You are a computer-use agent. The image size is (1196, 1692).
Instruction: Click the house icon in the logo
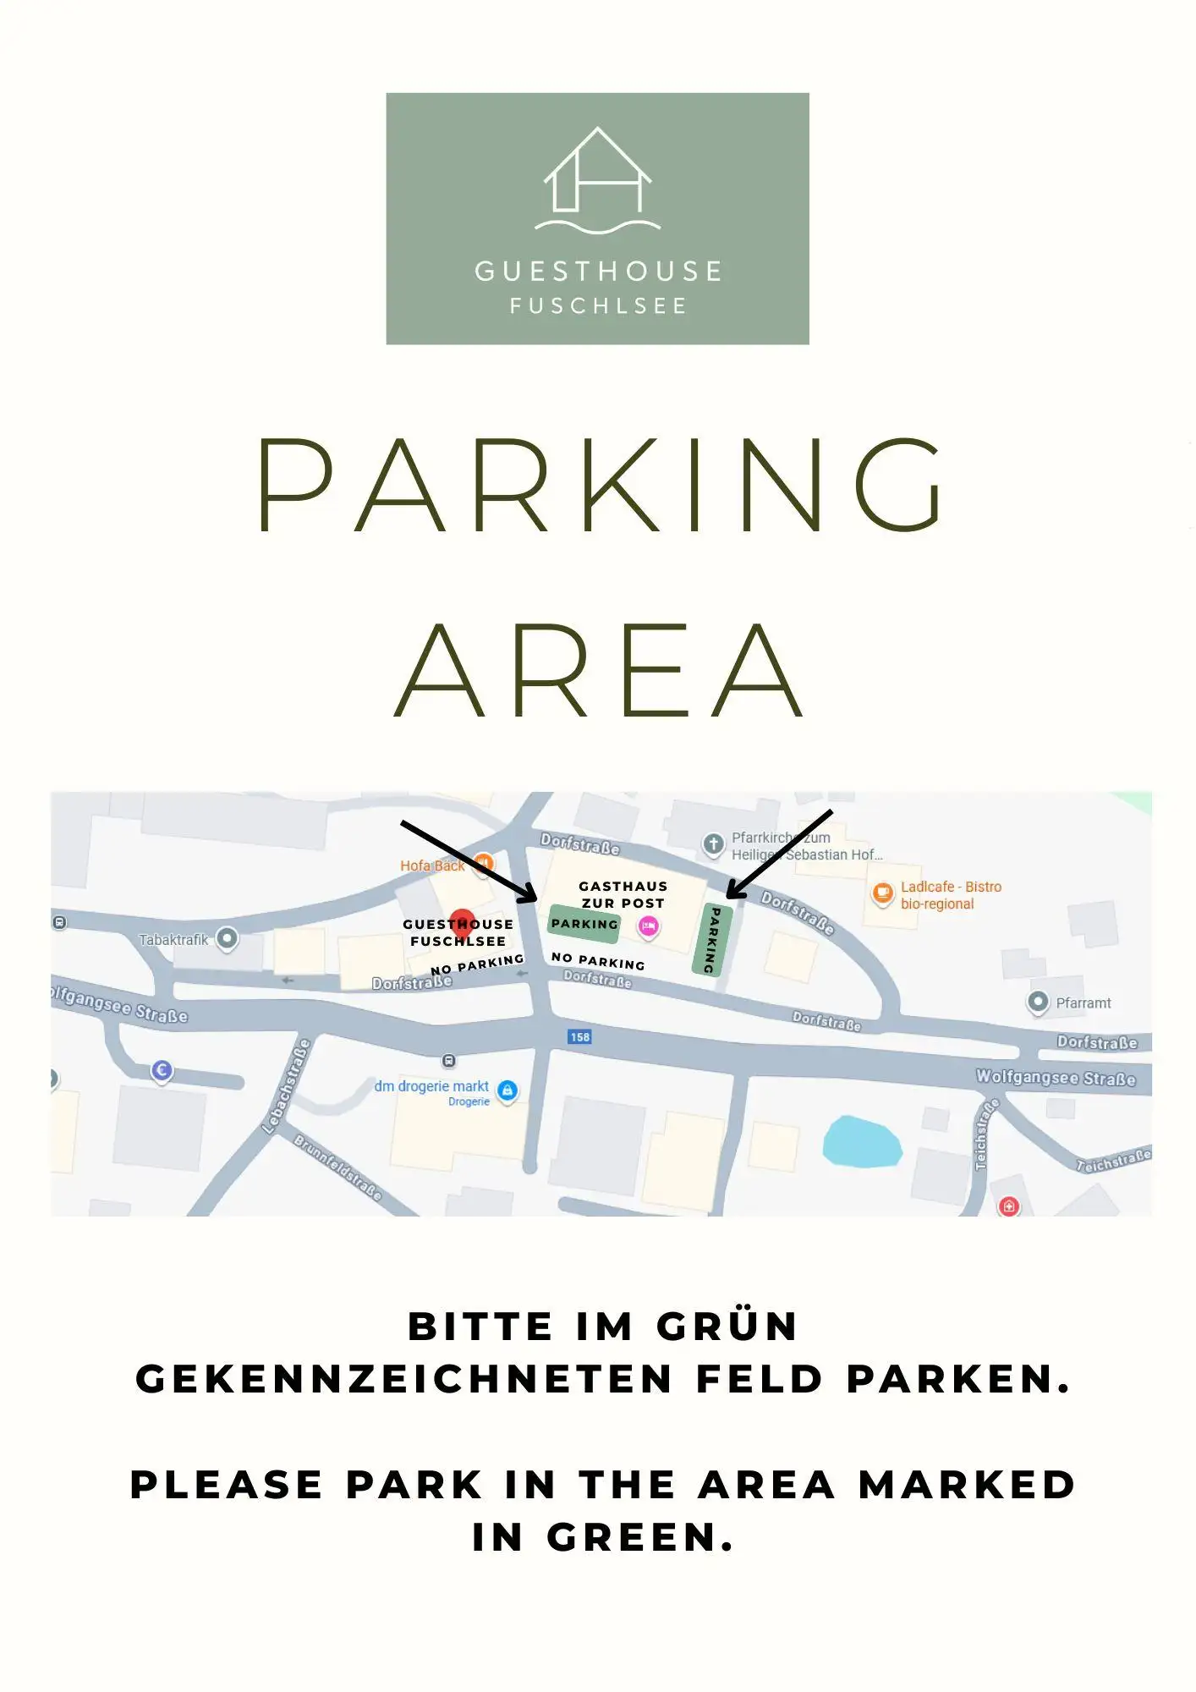597,173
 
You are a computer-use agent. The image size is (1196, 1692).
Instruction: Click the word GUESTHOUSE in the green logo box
597,272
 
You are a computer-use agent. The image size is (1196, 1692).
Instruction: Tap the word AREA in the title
599,671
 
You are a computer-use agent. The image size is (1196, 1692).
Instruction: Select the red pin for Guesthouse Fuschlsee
462,923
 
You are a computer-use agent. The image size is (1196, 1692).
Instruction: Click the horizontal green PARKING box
584,924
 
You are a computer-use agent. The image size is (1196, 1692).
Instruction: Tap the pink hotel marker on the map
649,926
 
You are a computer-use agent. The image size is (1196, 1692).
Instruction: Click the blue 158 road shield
579,1037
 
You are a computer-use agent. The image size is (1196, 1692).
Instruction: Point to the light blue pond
862,1142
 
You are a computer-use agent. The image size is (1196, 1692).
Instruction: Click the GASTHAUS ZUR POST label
623,894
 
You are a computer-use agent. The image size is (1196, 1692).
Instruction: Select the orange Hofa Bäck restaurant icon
483,864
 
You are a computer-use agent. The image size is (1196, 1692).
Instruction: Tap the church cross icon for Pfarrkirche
713,843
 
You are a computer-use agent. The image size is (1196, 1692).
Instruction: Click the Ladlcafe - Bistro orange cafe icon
882,893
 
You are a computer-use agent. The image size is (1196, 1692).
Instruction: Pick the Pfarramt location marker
1038,1002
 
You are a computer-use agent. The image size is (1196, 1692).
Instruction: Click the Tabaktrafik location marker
227,938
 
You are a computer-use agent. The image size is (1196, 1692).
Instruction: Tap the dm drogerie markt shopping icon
507,1090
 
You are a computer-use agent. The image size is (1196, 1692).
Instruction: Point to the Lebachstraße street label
287,1086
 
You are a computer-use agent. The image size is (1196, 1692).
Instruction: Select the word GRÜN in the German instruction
727,1327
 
